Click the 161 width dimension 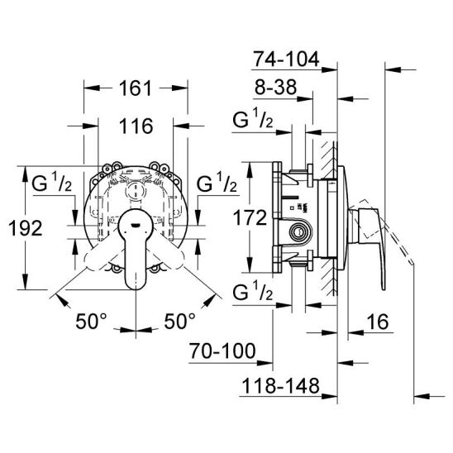136,88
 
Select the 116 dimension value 136,126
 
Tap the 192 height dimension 26,227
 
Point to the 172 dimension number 250,217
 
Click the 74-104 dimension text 286,59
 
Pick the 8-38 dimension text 275,87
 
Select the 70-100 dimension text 222,350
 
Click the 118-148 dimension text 280,385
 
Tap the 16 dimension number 378,322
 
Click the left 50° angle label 91,321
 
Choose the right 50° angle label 179,321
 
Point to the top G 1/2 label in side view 253,118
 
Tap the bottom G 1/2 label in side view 253,291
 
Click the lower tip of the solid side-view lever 383,288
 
